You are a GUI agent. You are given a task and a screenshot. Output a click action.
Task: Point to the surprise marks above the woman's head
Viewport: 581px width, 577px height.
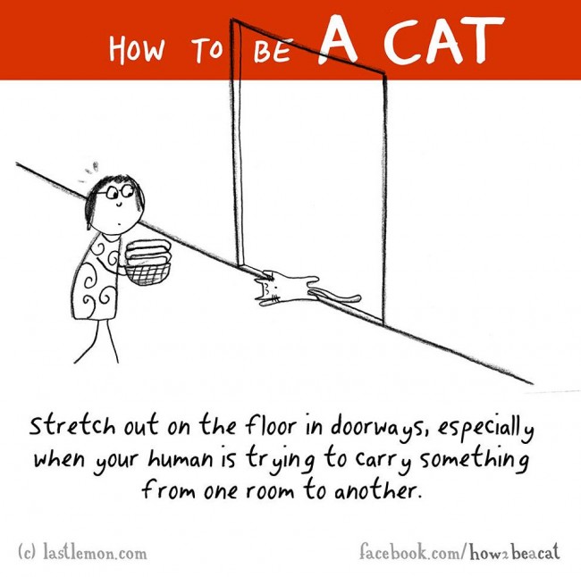tap(87, 170)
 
